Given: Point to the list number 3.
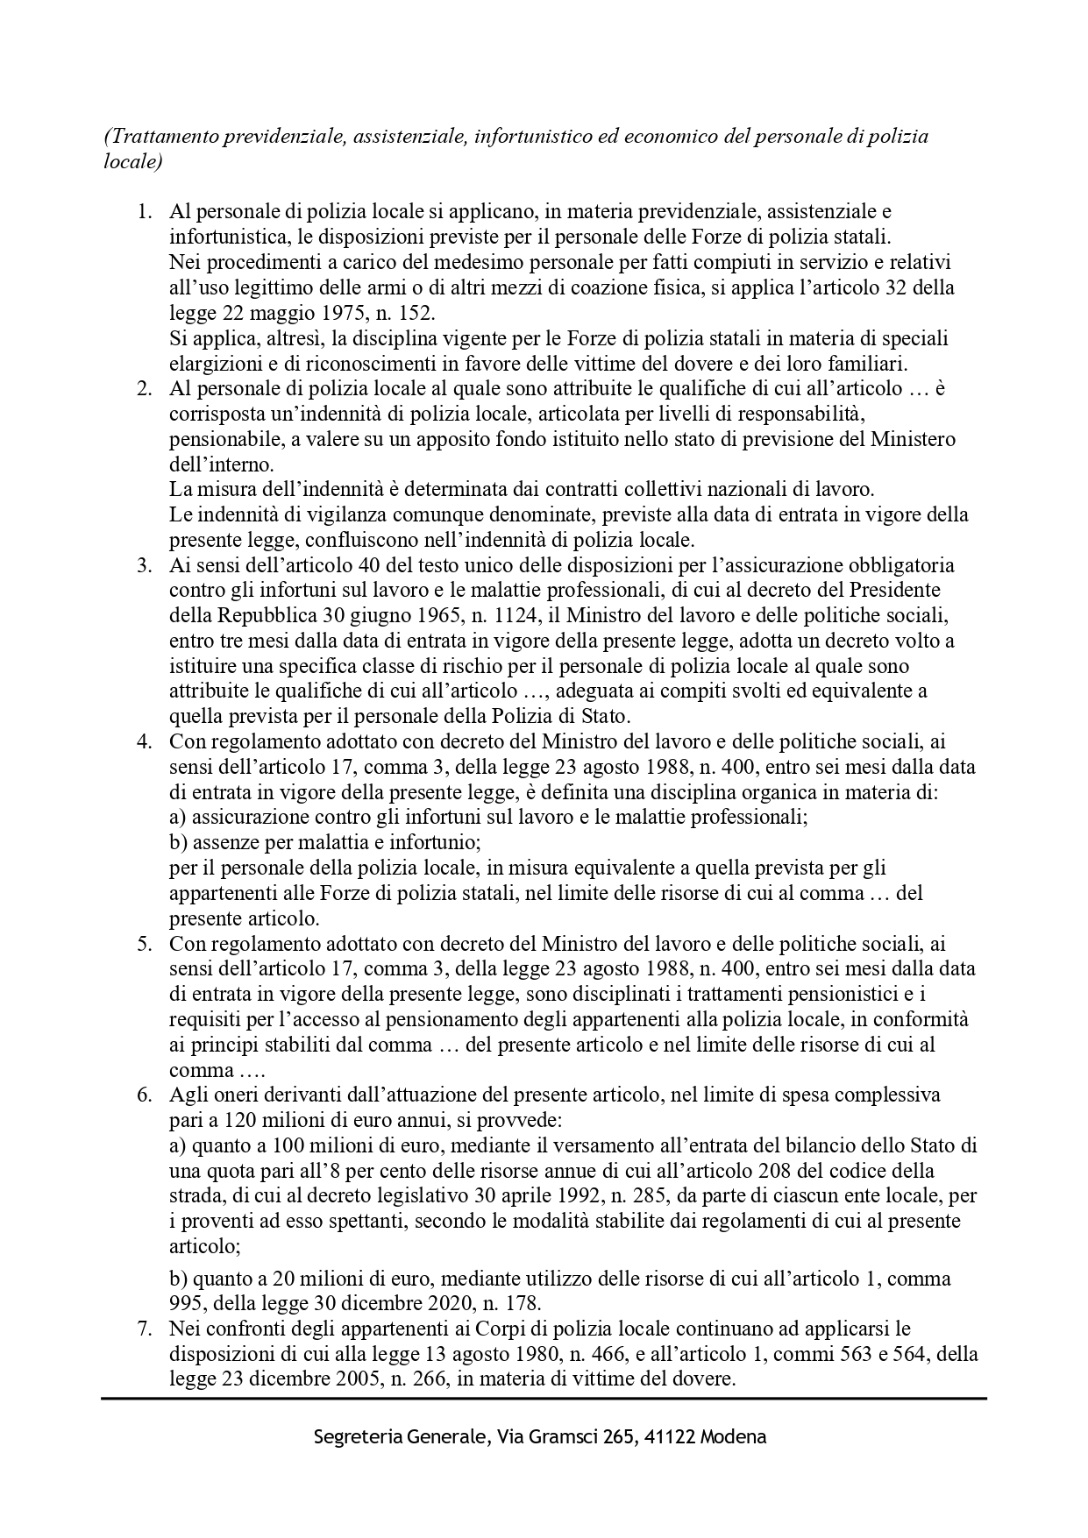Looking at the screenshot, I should pyautogui.click(x=145, y=564).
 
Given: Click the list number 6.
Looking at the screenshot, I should pyautogui.click(x=145, y=1095).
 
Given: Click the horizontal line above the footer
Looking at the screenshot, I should pyautogui.click(x=544, y=1399).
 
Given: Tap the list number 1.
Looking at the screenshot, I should pyautogui.click(x=145, y=211).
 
